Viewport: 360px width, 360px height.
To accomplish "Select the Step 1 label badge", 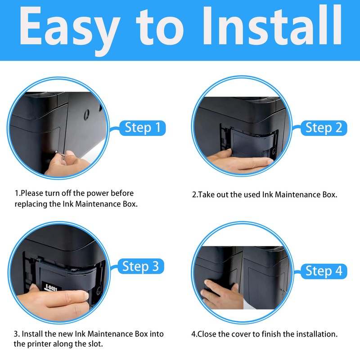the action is coord(143,128).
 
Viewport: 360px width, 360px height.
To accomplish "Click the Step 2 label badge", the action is coord(324,128).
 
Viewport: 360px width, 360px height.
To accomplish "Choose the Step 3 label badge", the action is coord(141,266).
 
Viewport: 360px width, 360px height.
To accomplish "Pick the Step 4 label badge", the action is coord(324,271).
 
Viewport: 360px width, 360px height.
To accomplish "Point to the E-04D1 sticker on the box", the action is coord(51,288).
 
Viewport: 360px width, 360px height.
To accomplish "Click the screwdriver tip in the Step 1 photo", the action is coord(57,151).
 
